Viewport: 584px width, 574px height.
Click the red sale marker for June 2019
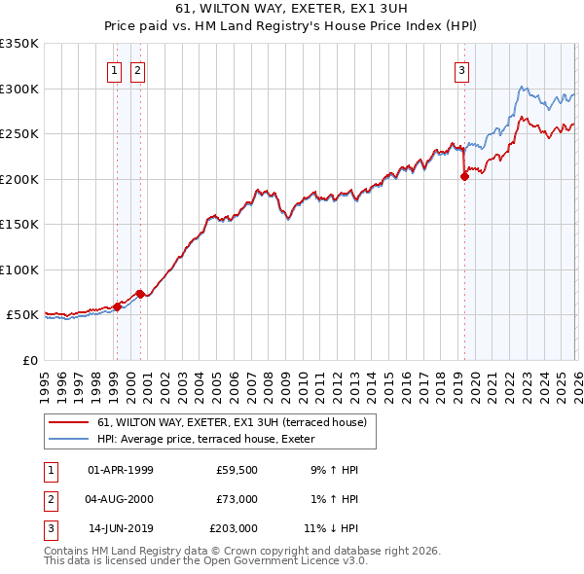[464, 177]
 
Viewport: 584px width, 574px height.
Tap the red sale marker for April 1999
[117, 306]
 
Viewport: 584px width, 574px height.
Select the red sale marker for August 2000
[140, 294]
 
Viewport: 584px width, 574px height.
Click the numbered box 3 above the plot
[460, 70]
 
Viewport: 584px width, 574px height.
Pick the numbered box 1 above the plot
[114, 70]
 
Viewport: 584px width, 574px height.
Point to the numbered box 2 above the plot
[137, 70]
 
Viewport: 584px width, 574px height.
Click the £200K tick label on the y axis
[19, 179]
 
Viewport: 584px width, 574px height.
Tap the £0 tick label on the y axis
[29, 360]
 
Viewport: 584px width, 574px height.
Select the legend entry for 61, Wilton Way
[232, 422]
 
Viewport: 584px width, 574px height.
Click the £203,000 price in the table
[234, 529]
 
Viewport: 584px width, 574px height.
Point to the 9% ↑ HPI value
[334, 470]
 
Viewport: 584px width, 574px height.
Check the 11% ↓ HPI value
[331, 529]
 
